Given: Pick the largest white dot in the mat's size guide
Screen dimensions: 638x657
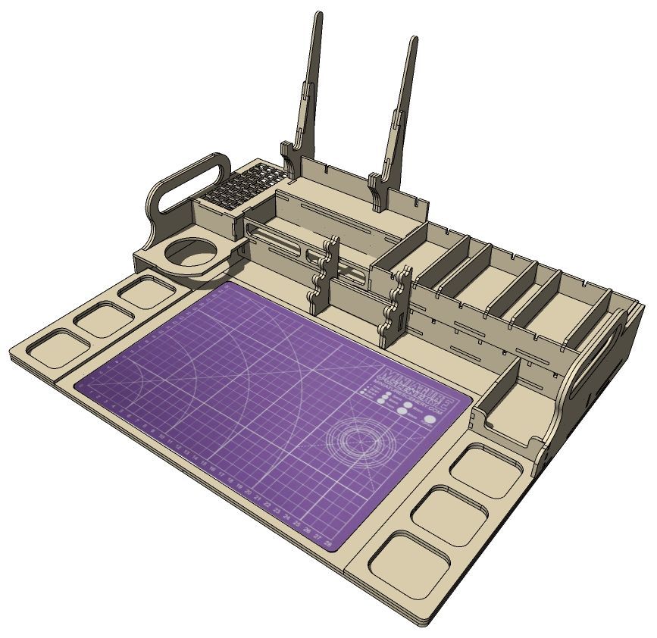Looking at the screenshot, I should click(430, 418).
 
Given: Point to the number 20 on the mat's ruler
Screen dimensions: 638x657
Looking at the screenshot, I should click(248, 491).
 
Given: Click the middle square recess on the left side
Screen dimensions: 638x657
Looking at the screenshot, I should click(102, 319).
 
